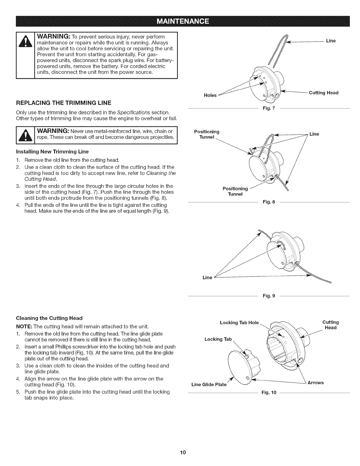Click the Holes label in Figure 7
(210, 95)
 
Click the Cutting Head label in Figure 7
(324, 93)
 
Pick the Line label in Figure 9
(207, 277)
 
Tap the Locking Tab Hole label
(239, 323)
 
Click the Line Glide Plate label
(209, 385)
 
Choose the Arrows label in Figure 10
(316, 382)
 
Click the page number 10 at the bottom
(180, 452)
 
